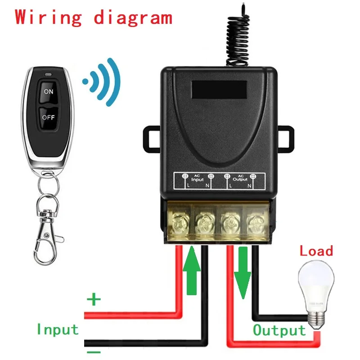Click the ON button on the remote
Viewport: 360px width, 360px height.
48,91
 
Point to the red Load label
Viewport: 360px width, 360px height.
316,251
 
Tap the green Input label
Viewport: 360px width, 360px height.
58,329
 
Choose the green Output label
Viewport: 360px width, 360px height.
279,330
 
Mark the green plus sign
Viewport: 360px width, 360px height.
94,299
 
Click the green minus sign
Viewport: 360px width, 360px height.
94,351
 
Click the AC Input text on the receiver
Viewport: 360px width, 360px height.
198,178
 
